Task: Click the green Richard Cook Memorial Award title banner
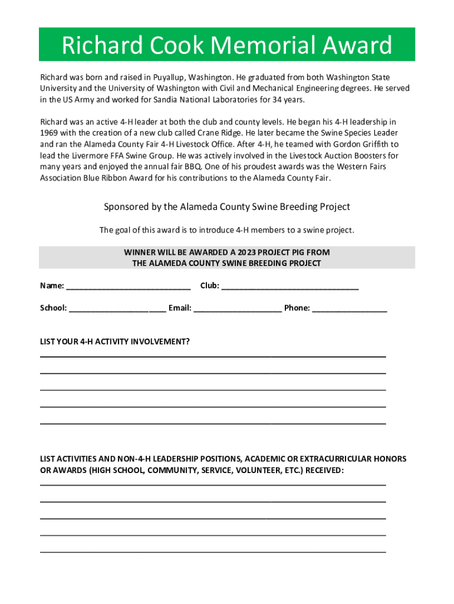[227, 45]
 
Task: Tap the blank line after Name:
[129, 287]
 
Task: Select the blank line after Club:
[289, 287]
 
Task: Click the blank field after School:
[117, 308]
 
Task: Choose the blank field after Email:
[238, 308]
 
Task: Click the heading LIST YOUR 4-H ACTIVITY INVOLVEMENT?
[114, 342]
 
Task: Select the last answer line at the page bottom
[213, 552]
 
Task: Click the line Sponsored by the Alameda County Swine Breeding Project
[227, 207]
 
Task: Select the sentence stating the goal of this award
[227, 230]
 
